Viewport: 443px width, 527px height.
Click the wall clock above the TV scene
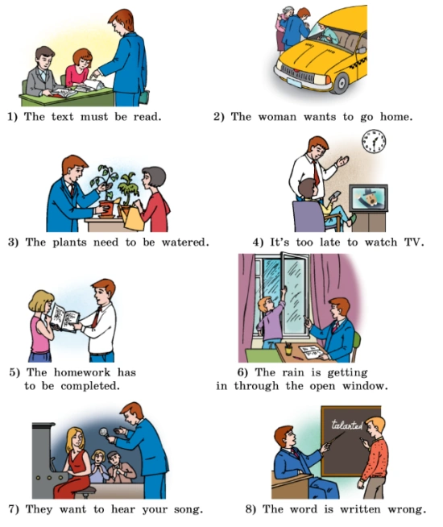(x=374, y=141)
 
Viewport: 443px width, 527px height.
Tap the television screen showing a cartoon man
(x=368, y=198)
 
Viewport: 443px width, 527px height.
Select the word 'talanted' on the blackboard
(x=347, y=425)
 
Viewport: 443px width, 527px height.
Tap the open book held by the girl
(x=64, y=318)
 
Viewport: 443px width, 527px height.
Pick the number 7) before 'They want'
(x=14, y=509)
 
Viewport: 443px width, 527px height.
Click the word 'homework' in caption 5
(x=82, y=372)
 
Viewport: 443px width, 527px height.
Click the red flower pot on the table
(x=107, y=210)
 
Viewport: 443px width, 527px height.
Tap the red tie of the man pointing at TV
(x=316, y=173)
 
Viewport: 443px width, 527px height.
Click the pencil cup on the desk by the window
(x=288, y=350)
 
